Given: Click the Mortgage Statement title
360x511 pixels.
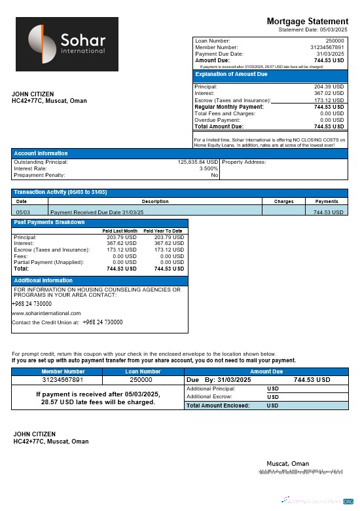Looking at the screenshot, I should tap(308, 22).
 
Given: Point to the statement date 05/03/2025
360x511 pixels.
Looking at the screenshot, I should tap(333, 29).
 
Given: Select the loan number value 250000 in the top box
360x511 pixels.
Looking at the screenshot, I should tap(334, 41).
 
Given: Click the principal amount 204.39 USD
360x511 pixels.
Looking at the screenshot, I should tap(329, 86).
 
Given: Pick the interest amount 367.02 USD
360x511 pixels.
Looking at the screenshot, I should tap(329, 93).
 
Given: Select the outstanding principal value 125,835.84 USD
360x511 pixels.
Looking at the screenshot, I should tap(198, 162).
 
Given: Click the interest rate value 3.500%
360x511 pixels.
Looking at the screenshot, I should tap(209, 168).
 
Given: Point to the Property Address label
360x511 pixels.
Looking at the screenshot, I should tap(244, 162).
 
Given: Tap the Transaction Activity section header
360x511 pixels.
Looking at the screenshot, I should tap(60, 192).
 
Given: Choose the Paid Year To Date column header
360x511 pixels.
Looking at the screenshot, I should tap(163, 231).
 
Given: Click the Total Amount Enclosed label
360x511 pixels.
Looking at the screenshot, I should tap(218, 406).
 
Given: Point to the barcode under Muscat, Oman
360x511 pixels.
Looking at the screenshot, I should tap(300, 471).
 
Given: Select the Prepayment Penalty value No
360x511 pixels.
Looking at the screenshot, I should tap(214, 175).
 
